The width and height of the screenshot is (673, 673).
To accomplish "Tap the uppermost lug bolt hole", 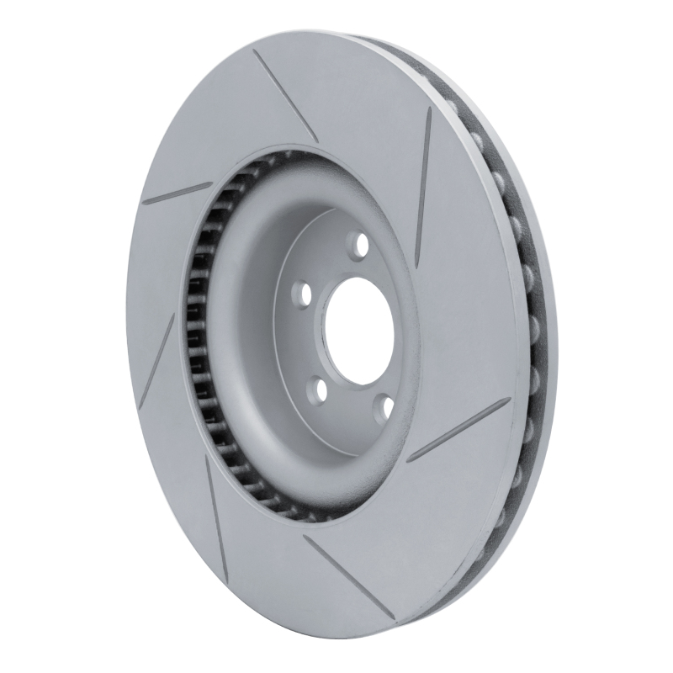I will pyautogui.click(x=363, y=246).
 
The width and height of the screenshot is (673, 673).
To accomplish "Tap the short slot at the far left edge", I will pyautogui.click(x=178, y=193).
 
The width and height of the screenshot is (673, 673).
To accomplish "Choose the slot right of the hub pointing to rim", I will pyautogui.click(x=462, y=430).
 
